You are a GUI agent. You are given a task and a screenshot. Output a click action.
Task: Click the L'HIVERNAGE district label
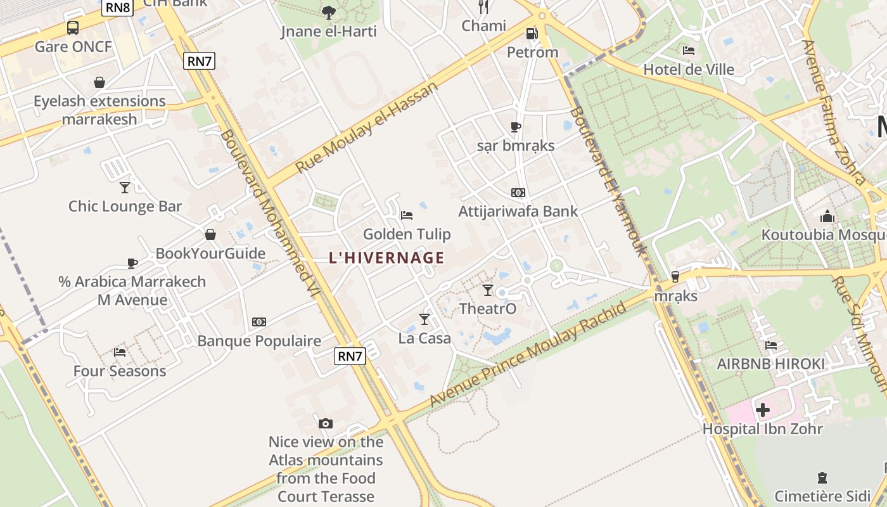click(386, 258)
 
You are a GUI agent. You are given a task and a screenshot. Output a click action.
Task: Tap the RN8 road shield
click(117, 7)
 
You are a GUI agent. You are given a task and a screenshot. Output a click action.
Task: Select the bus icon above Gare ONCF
click(73, 28)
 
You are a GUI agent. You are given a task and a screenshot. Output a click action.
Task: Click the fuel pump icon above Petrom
click(532, 34)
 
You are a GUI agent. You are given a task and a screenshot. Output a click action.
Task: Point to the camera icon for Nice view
click(326, 423)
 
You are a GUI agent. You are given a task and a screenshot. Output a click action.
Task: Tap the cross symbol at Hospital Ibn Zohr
click(763, 410)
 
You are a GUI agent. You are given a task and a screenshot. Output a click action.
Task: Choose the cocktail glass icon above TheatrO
click(487, 290)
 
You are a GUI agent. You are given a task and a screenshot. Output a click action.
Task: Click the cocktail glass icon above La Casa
click(424, 319)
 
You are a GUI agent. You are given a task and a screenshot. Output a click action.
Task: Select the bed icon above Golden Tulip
click(407, 215)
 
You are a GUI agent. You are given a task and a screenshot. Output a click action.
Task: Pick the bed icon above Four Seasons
click(119, 352)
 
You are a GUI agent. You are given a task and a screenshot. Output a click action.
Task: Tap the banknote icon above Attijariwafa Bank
click(518, 193)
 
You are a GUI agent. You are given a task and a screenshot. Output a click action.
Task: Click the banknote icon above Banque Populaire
click(259, 322)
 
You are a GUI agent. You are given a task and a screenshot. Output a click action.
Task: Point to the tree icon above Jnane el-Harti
click(328, 12)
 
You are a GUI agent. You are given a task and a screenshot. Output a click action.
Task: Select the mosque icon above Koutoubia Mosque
click(827, 217)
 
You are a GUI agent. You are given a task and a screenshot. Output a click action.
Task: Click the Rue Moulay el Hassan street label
click(367, 127)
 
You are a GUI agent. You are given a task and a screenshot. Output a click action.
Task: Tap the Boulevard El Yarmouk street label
click(608, 181)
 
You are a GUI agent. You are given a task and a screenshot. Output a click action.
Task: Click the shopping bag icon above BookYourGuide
click(210, 234)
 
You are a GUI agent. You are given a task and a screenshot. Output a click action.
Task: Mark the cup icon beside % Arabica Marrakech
click(132, 263)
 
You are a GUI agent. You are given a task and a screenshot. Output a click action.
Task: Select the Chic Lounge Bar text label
click(125, 206)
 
